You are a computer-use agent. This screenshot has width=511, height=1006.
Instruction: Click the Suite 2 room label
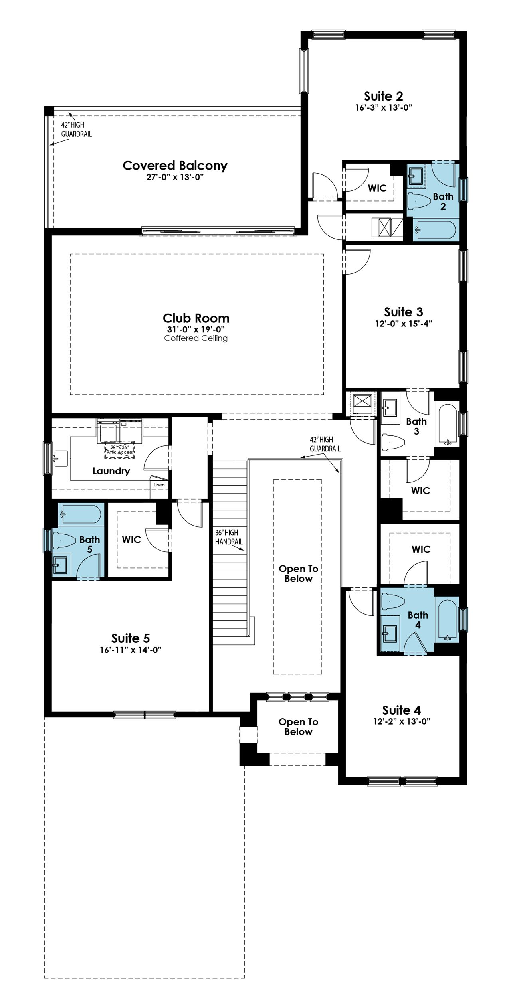click(x=383, y=96)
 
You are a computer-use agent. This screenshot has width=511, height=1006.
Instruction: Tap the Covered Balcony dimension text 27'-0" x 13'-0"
click(x=175, y=177)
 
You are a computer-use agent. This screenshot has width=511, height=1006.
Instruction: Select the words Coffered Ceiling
click(x=196, y=338)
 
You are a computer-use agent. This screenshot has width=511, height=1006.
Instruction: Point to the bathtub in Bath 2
click(x=434, y=231)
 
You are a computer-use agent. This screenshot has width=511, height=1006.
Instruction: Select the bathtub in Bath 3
click(x=447, y=425)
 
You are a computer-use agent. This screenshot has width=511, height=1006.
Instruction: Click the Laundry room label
click(x=111, y=471)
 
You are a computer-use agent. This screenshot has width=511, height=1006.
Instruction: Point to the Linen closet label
click(x=159, y=485)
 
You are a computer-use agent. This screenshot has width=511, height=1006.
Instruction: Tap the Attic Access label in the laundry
click(x=120, y=452)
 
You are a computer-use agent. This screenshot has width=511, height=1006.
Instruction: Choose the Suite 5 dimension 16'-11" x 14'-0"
click(x=130, y=650)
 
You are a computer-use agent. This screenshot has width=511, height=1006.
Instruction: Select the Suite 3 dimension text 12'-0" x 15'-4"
click(x=404, y=324)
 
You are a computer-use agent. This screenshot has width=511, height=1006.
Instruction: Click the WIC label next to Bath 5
click(x=131, y=540)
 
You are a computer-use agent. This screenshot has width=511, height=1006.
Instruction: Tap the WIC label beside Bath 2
click(x=377, y=188)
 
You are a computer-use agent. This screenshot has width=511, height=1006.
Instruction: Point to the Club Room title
click(x=196, y=318)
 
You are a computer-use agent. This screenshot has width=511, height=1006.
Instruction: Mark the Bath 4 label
click(x=418, y=620)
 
